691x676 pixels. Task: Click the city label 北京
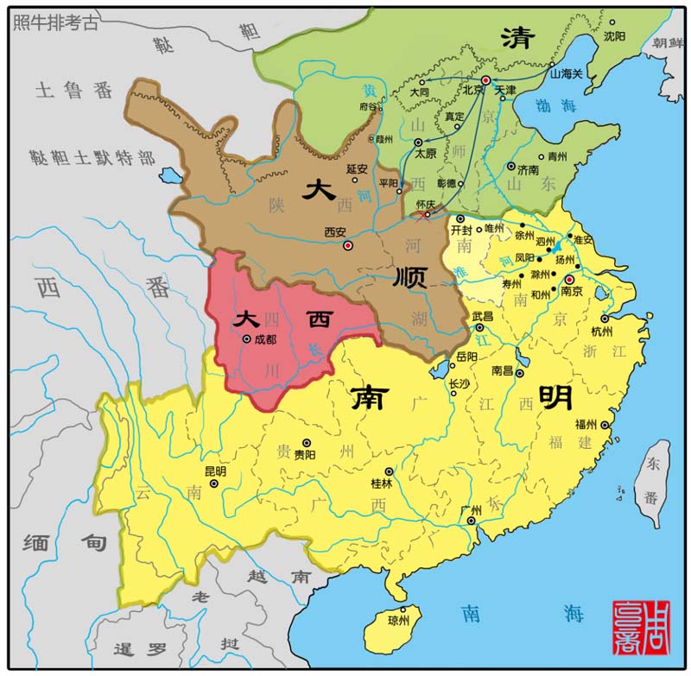coord(472,90)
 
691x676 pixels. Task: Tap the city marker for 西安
coord(348,246)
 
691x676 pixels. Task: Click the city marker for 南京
coord(568,280)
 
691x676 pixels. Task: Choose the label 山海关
coord(567,73)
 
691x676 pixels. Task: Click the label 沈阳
coord(614,36)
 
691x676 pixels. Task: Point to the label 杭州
coord(602,332)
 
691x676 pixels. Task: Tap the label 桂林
coord(381,483)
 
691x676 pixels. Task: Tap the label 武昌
coord(482,317)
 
